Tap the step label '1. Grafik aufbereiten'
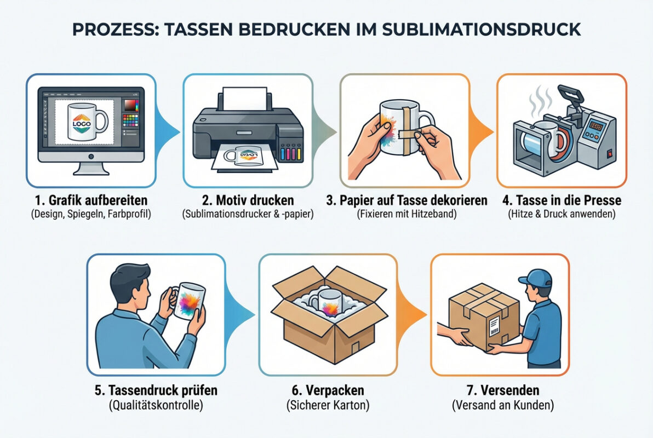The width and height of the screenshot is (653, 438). (91, 200)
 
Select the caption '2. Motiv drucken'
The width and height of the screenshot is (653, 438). (248, 200)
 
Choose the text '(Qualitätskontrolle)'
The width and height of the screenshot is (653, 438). (156, 405)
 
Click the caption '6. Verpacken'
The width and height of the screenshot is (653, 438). (328, 391)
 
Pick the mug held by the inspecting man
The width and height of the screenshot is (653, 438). (188, 304)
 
